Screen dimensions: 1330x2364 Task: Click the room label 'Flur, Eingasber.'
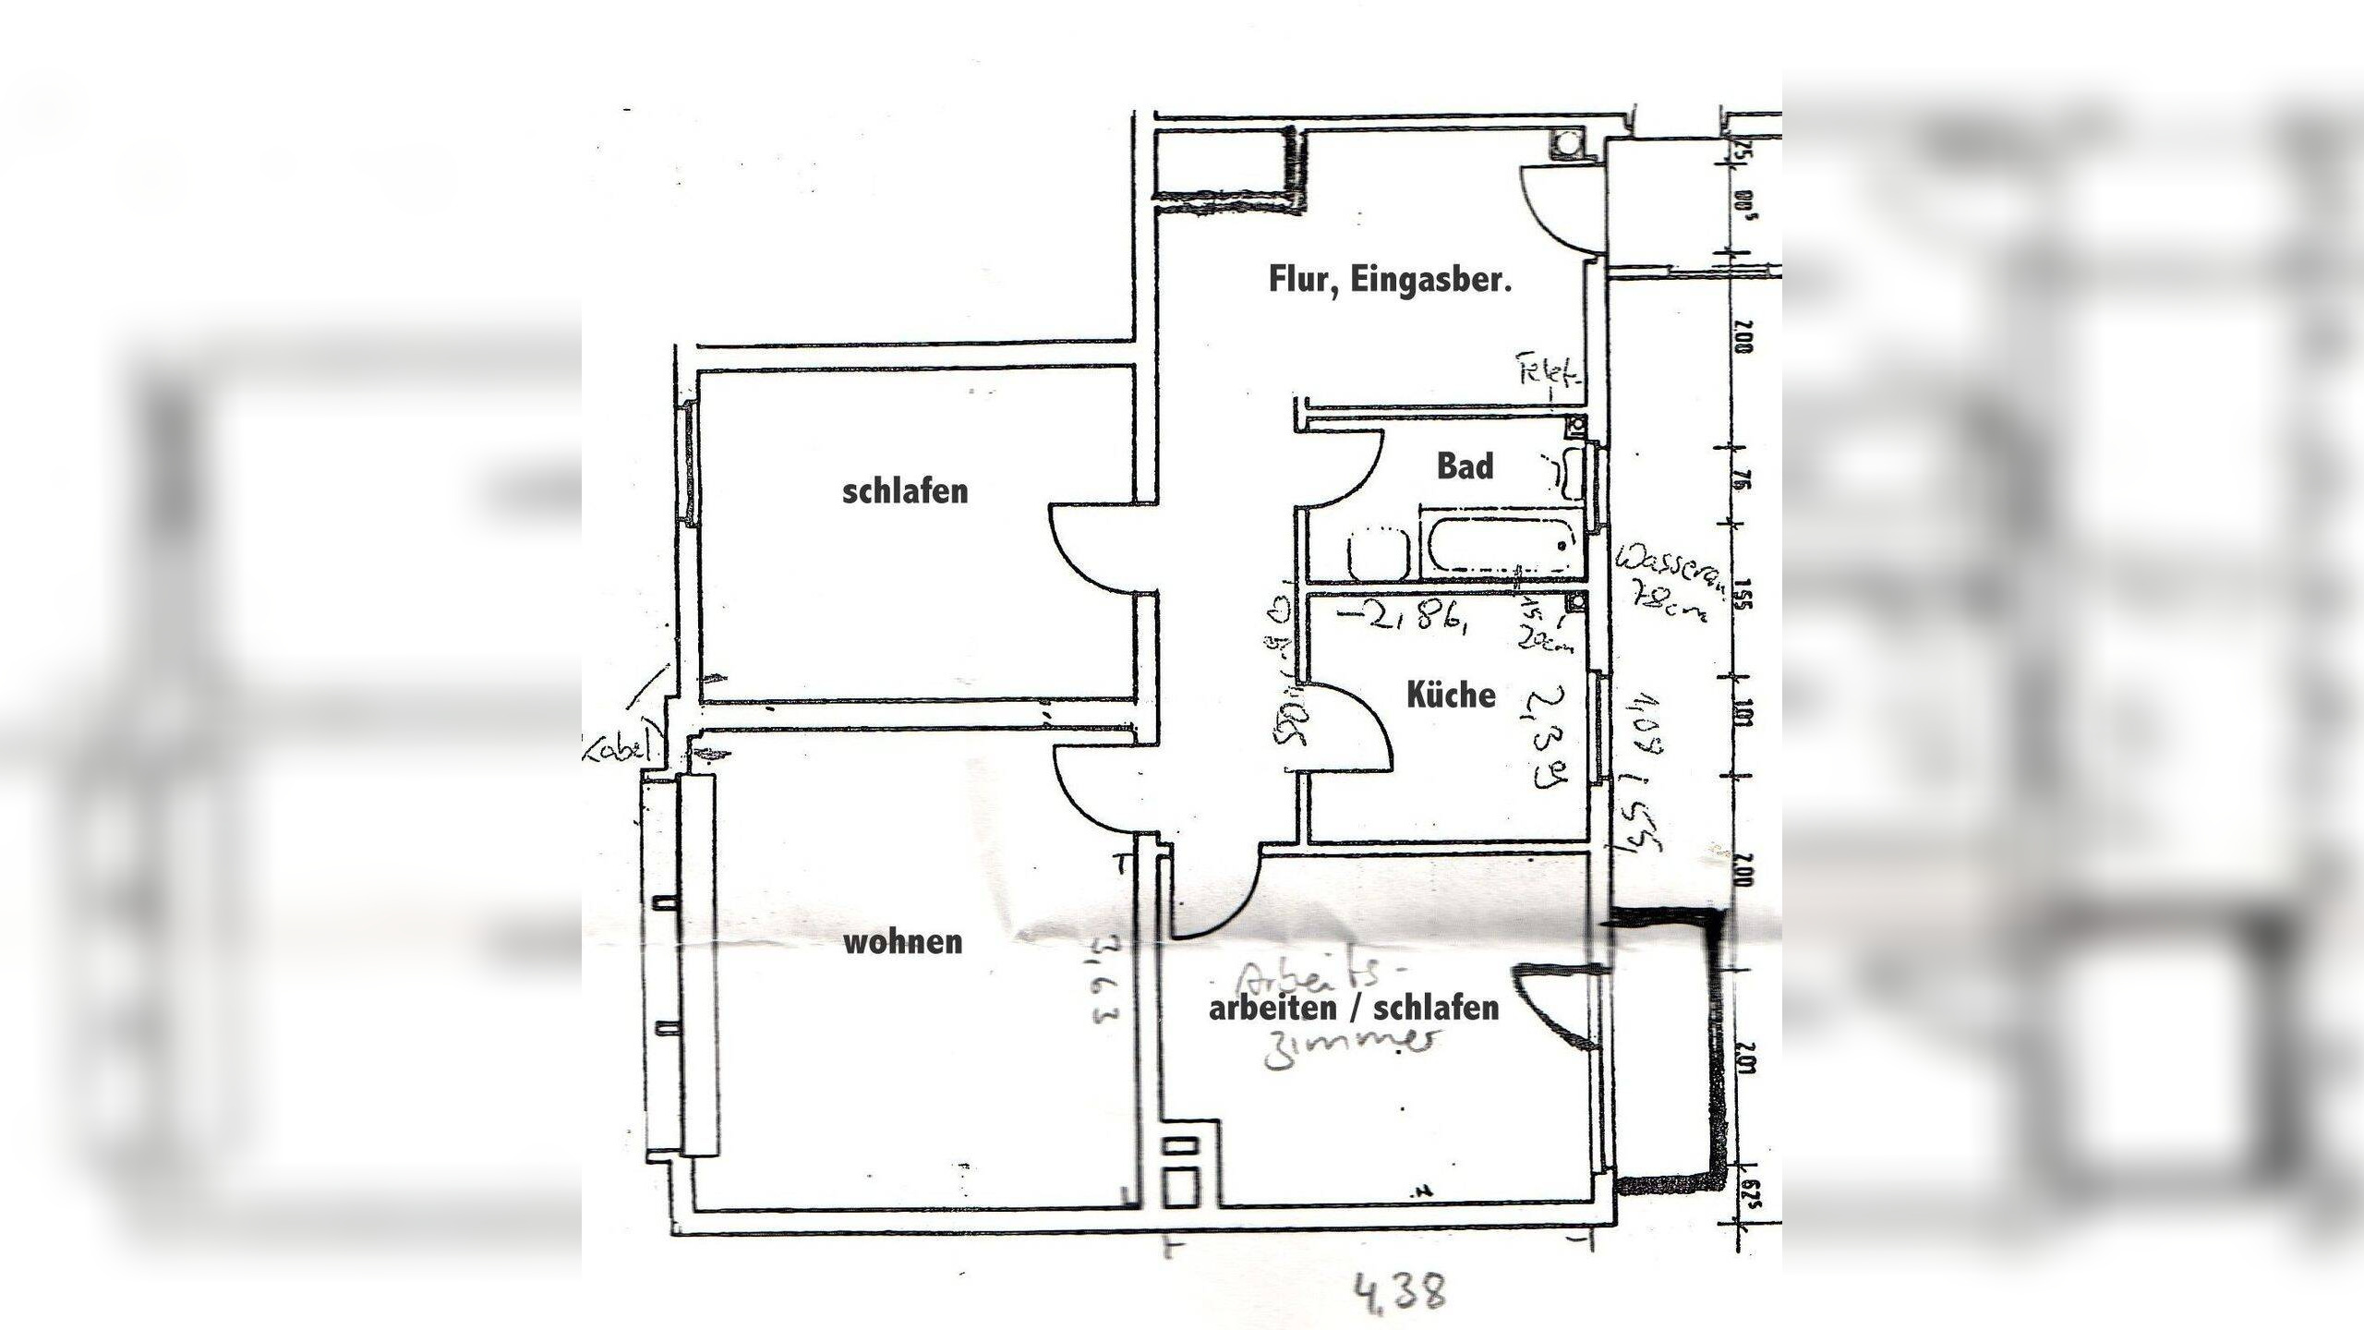coord(1390,280)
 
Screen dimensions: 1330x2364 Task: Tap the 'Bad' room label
coord(1465,466)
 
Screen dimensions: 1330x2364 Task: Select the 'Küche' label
coord(1451,695)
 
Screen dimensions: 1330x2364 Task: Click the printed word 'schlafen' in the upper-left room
coord(905,491)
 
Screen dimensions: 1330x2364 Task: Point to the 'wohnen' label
coord(903,943)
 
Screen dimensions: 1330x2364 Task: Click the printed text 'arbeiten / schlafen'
coord(1354,1008)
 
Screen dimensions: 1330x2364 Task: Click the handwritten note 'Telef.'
coord(1550,374)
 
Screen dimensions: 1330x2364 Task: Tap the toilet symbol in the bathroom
coord(1377,554)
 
